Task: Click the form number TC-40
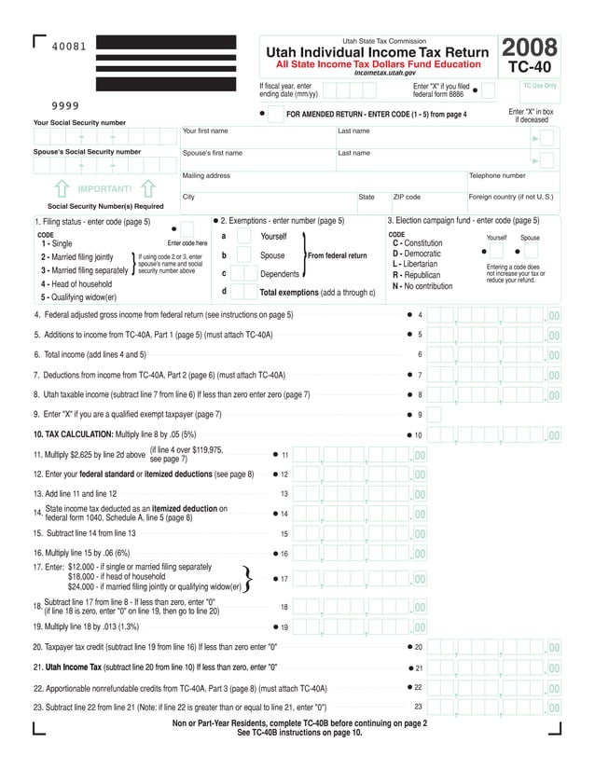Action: [x=531, y=68]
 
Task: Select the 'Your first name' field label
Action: [x=205, y=131]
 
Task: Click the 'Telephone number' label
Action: [x=496, y=175]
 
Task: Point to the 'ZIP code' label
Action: [x=407, y=197]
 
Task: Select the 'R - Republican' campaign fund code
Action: [x=415, y=275]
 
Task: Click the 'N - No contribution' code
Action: [x=422, y=286]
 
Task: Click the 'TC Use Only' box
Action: [x=539, y=86]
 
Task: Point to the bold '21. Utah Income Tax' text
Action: [x=84, y=667]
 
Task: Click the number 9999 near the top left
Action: [x=64, y=105]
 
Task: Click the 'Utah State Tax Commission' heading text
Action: [x=383, y=41]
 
